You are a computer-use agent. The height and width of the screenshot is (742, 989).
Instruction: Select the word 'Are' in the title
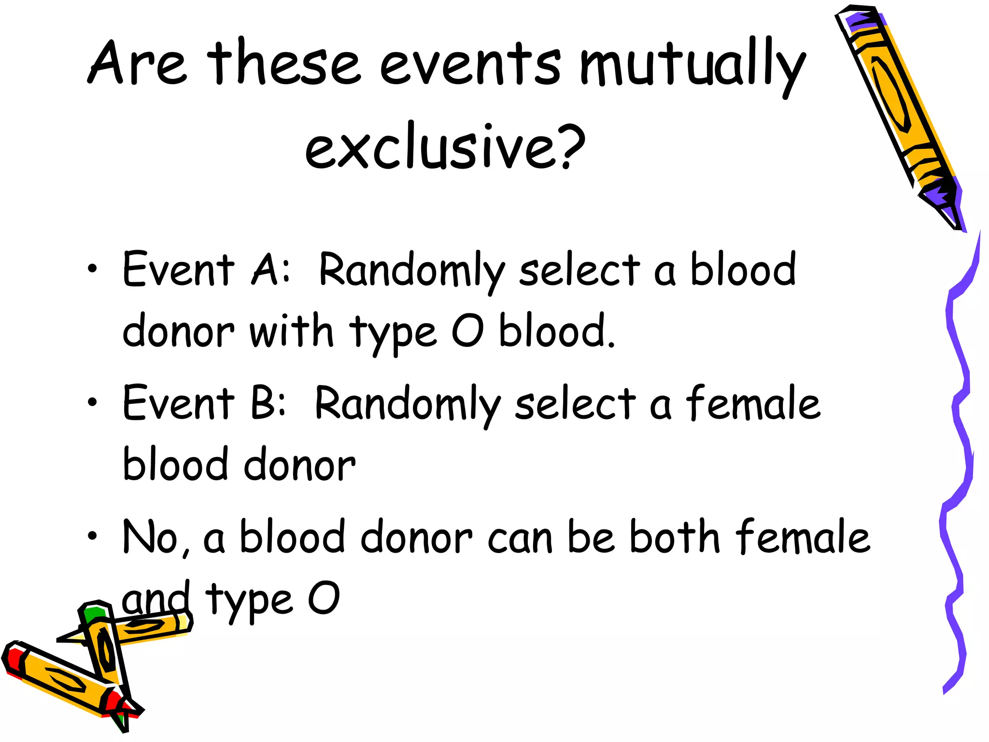coord(137,63)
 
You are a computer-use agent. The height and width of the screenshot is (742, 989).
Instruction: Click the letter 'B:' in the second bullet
coord(268,403)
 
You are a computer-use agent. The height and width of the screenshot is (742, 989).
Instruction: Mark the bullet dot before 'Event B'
coord(92,402)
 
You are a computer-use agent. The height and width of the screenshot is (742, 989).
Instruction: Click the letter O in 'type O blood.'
coord(467,331)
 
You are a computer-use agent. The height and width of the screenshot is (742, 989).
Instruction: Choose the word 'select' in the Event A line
coord(579,271)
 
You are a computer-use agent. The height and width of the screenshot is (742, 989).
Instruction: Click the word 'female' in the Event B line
coord(753,403)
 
